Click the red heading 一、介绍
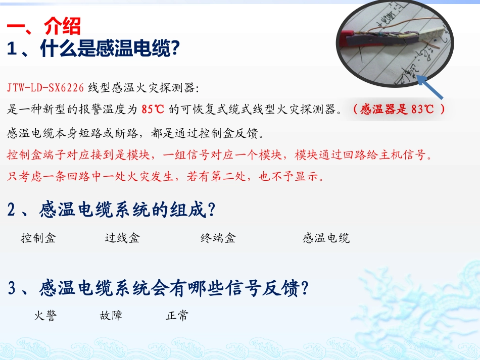44,26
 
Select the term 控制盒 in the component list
38,238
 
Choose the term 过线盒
122,238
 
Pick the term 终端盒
218,238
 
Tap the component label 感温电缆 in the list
326,238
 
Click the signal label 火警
45,316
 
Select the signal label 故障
111,316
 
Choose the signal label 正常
177,316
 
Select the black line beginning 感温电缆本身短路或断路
134,133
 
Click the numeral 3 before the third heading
13,289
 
